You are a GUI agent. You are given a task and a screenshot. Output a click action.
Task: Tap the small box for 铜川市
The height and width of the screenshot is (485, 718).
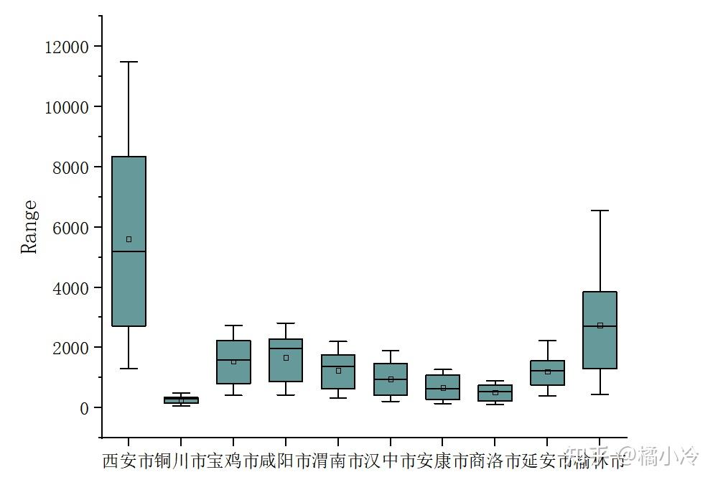point(181,400)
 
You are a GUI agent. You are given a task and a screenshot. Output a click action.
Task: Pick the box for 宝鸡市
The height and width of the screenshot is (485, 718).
point(233,374)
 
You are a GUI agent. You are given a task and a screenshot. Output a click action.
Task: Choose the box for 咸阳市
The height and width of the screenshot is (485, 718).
point(286,370)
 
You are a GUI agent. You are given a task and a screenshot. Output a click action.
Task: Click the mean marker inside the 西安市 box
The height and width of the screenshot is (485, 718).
point(129,239)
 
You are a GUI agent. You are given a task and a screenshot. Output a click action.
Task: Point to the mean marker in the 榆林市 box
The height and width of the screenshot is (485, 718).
point(600,325)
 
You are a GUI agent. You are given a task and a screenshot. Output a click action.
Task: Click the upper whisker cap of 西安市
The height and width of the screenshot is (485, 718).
point(129,63)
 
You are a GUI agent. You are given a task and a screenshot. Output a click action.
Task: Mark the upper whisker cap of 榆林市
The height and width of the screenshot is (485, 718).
point(600,211)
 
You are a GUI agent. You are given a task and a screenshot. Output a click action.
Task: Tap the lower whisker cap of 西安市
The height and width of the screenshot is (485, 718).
point(129,369)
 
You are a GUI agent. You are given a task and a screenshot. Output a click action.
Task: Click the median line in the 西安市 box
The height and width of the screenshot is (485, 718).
point(129,251)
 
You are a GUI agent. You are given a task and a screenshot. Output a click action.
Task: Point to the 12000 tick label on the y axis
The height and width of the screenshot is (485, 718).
point(65,47)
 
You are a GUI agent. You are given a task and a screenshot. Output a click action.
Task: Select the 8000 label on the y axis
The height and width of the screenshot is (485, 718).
point(70,167)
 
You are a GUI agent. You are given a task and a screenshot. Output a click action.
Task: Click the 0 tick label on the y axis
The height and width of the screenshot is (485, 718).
point(84,408)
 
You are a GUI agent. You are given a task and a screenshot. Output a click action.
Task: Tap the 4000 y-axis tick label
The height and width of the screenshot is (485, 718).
point(70,288)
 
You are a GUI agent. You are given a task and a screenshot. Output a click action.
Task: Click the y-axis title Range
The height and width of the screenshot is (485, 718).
point(29,227)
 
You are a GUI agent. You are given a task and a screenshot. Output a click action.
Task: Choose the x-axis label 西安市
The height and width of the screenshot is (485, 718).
point(129,461)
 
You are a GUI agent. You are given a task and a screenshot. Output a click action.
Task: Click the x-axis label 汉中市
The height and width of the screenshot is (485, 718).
point(391,461)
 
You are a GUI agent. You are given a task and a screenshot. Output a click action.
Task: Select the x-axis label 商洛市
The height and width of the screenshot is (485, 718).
point(495,461)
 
